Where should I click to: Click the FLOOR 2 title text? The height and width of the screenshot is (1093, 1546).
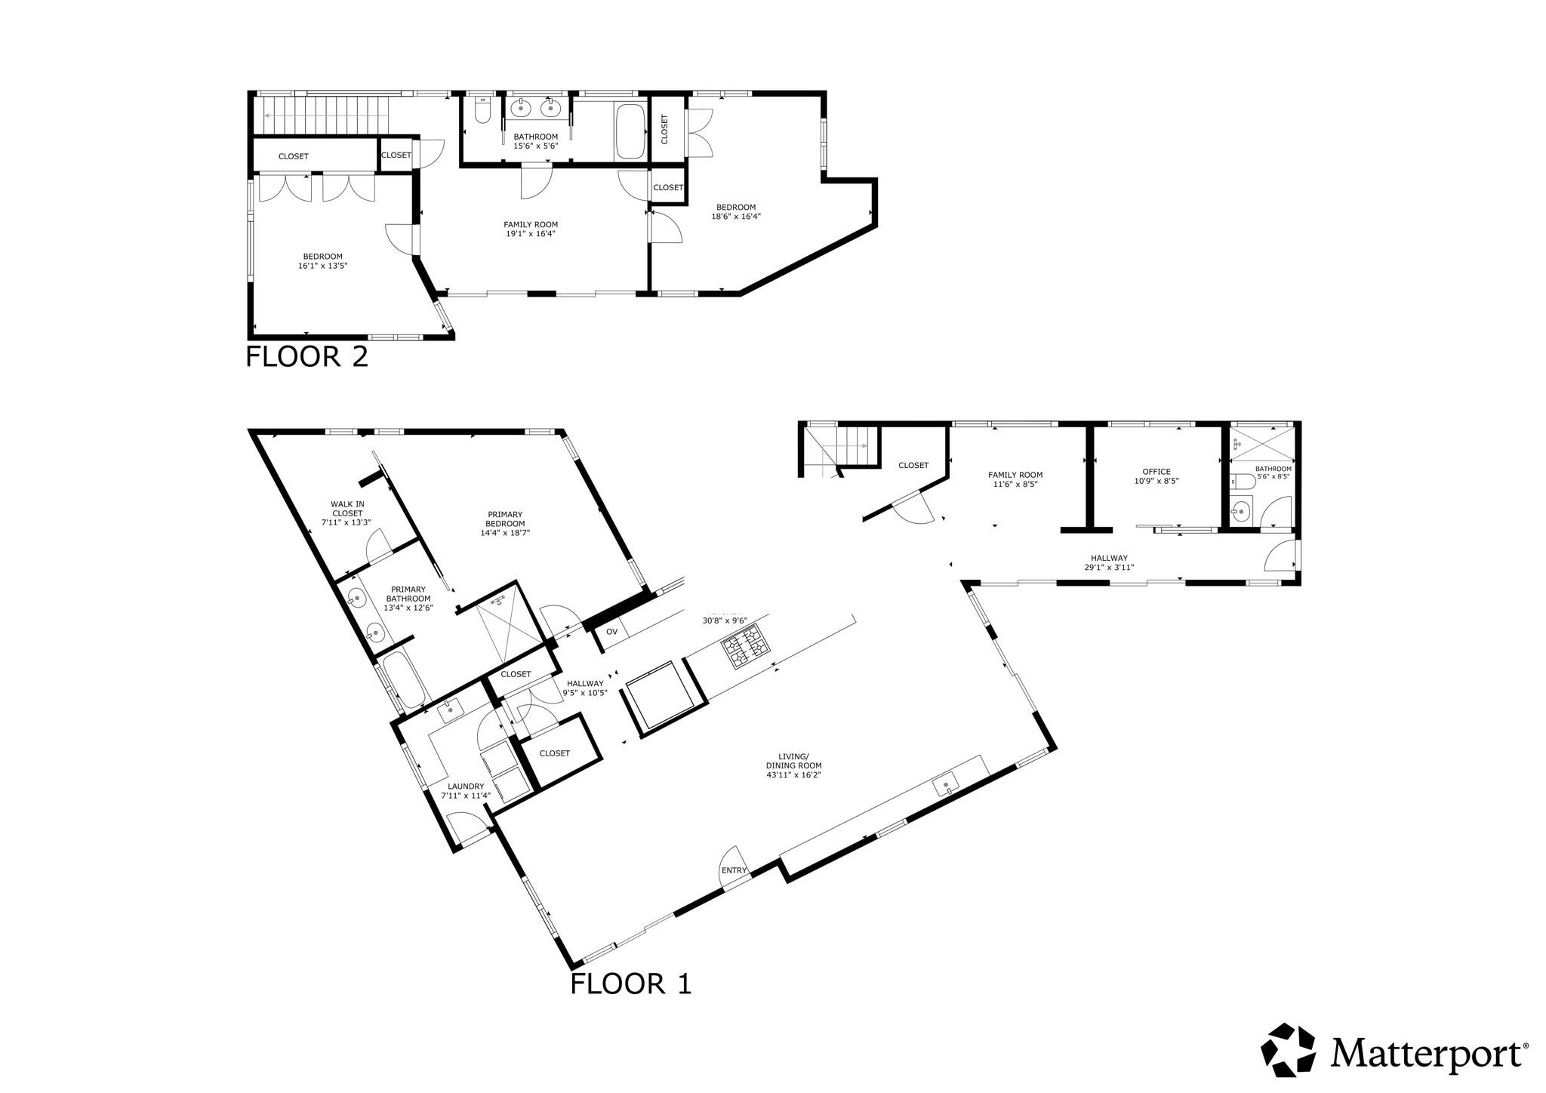(x=306, y=356)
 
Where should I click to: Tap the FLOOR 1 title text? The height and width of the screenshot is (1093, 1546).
(x=630, y=984)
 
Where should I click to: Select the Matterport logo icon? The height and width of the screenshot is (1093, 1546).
(x=1289, y=1049)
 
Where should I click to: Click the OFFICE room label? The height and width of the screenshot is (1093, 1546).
(x=1156, y=472)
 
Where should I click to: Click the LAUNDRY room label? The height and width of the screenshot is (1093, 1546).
(x=466, y=786)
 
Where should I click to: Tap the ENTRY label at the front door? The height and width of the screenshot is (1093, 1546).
(x=734, y=870)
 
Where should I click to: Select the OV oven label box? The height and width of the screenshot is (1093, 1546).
(x=611, y=631)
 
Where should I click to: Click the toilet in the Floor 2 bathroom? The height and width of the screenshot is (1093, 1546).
(x=482, y=111)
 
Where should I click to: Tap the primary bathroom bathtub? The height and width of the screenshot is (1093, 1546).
(x=402, y=680)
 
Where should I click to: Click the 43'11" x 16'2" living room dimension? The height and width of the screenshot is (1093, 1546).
(x=793, y=774)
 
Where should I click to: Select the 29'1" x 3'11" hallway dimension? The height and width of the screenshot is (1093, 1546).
(x=1109, y=568)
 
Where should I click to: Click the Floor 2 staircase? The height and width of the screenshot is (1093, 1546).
(x=325, y=114)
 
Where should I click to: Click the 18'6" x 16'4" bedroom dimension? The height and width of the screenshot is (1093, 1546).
(x=735, y=216)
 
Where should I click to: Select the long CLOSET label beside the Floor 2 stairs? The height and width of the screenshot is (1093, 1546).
(x=293, y=156)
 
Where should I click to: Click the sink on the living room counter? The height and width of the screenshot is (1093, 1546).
(x=946, y=785)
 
